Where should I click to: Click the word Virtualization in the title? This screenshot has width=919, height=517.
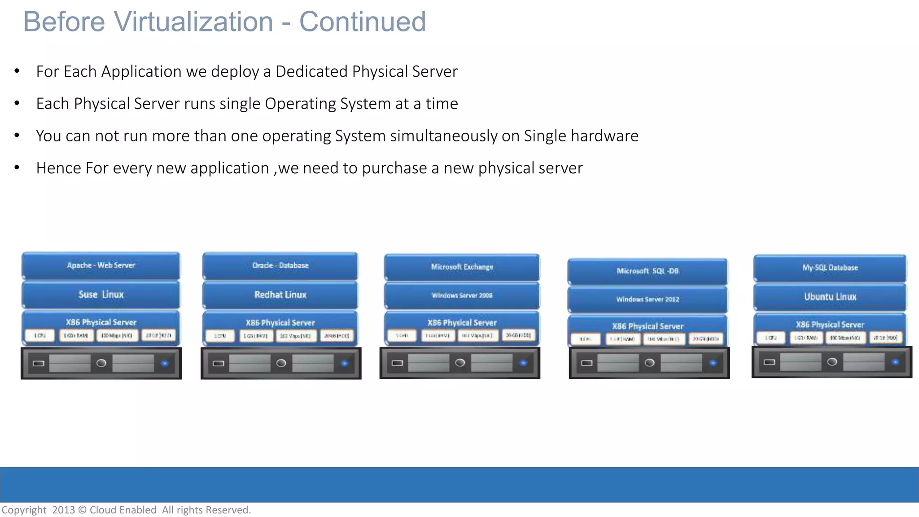[x=193, y=22]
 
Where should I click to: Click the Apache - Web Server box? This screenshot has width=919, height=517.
[x=101, y=265]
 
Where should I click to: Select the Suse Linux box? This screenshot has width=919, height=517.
[x=101, y=294]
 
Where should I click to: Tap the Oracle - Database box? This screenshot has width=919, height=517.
[x=280, y=265]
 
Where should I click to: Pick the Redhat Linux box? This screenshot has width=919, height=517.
[x=280, y=295]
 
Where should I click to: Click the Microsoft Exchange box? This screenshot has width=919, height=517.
[x=462, y=267]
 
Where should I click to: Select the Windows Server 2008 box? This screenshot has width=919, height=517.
[x=462, y=295]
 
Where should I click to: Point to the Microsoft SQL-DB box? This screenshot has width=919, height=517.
[x=647, y=271]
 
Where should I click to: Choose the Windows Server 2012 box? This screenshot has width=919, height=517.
[x=647, y=299]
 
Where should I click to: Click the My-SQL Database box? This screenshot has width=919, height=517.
[x=830, y=268]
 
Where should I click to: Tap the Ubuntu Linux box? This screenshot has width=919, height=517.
[x=830, y=297]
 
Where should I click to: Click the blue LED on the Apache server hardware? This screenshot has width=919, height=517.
[x=165, y=363]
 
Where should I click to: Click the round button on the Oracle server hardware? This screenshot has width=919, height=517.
[x=281, y=363]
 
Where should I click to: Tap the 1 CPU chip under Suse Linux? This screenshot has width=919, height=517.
[x=40, y=336]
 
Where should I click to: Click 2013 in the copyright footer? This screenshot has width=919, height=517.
[x=63, y=510]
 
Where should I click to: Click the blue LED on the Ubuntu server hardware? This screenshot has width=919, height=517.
[x=895, y=362]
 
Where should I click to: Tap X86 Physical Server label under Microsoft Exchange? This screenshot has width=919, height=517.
[x=462, y=323]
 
